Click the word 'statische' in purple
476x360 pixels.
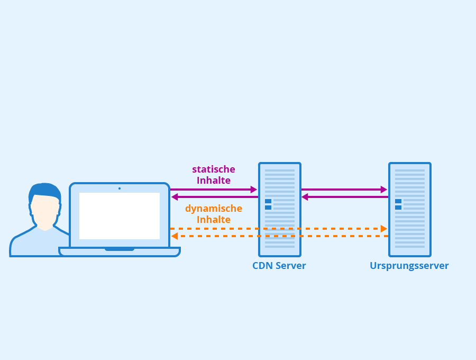[214, 169]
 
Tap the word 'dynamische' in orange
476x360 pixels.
[214, 209]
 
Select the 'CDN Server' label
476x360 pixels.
[279, 266]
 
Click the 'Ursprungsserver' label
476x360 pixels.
[409, 266]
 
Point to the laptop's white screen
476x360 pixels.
[120, 215]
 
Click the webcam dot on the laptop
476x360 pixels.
[120, 188]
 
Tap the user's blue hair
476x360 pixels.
[44, 192]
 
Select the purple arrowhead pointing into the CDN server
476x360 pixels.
[254, 190]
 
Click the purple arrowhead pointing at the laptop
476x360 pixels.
[175, 197]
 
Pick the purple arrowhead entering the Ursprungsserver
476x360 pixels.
[384, 190]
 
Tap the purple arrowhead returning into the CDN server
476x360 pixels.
[305, 197]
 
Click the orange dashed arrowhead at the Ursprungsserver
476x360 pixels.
[384, 229]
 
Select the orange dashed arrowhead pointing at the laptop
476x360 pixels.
[175, 236]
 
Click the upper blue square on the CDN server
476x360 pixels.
[268, 201]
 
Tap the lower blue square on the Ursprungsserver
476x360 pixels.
[398, 208]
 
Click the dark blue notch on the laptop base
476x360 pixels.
[120, 249]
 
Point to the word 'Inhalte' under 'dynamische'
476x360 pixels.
[214, 219]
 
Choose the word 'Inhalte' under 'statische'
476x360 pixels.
[214, 180]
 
